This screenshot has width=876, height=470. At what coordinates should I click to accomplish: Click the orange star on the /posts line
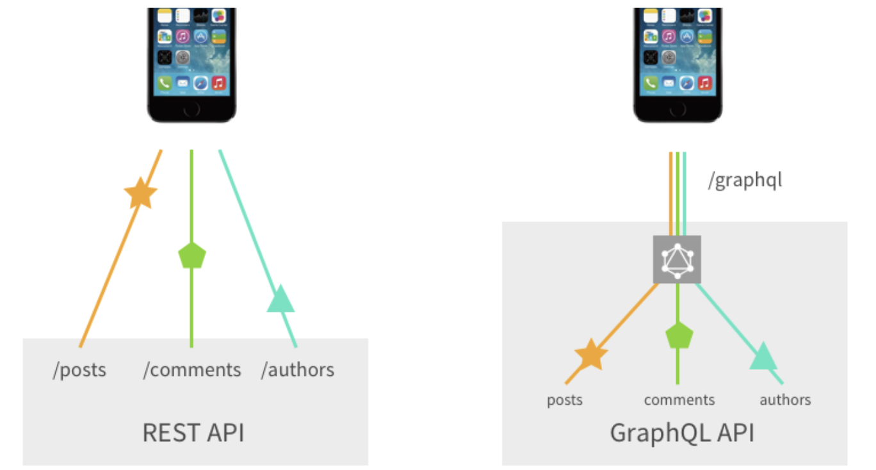pos(140,193)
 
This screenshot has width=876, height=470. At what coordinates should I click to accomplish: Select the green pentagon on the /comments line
pos(191,255)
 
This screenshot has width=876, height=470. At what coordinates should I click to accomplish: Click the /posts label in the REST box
pos(79,369)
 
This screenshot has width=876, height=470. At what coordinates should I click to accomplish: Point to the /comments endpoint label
pos(192,369)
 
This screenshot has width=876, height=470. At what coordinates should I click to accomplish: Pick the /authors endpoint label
pos(298,369)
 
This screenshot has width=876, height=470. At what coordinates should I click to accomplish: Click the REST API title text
pos(193,432)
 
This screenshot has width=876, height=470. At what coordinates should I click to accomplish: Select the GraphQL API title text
pos(681,432)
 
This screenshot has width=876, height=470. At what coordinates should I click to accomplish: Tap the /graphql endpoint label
pos(745,181)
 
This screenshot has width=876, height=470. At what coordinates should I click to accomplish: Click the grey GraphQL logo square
pos(677,259)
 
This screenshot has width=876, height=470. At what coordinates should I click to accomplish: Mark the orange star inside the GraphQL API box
pos(590,356)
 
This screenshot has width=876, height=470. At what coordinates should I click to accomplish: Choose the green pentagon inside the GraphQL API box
pos(679,336)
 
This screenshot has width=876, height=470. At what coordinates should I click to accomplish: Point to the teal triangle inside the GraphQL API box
pos(762,356)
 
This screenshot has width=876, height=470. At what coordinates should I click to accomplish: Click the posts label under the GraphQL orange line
pos(565,400)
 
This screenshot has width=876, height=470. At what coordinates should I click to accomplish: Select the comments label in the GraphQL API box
pos(679,400)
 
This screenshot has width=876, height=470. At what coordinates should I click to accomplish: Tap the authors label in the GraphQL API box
pos(785,400)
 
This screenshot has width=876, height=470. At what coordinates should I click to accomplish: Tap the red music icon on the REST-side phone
pos(219,83)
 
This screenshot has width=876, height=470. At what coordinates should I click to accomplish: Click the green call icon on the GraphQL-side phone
pos(651,83)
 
